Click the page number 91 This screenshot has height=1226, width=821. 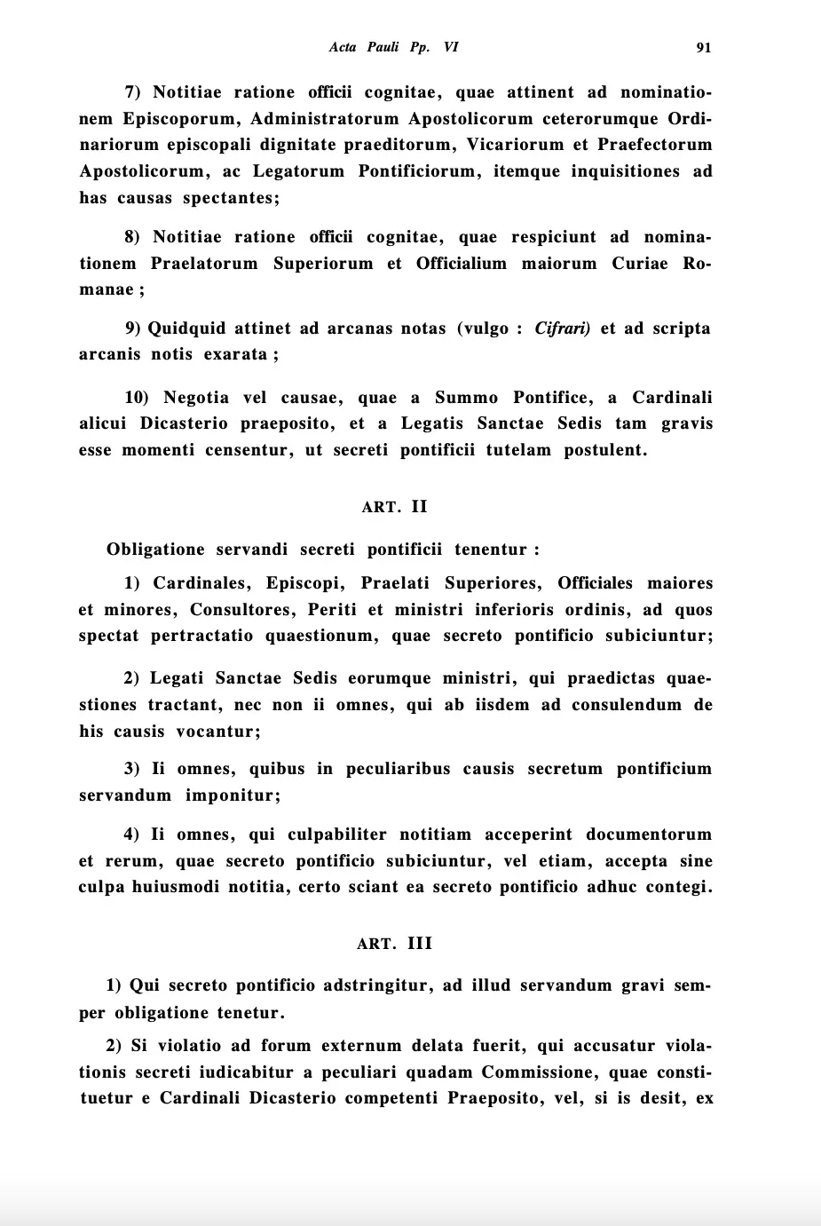(x=703, y=48)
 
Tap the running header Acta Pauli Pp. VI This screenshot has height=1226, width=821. (x=393, y=47)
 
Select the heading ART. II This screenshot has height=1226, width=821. (x=394, y=507)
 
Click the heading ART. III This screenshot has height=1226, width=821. (x=394, y=944)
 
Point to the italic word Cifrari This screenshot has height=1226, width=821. (x=562, y=328)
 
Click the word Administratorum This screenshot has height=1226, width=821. (x=324, y=119)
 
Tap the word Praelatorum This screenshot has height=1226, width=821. (x=204, y=264)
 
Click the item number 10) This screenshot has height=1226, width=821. (x=137, y=398)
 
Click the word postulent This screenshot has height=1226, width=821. (x=605, y=450)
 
